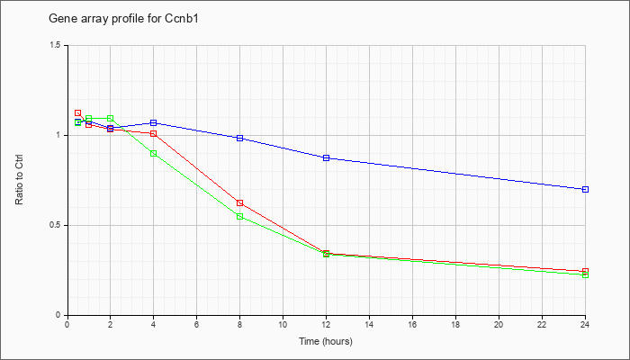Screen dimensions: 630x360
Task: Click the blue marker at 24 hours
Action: (x=585, y=189)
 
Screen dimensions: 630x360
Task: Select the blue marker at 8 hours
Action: (x=240, y=139)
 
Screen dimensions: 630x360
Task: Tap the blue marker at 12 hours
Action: (x=326, y=157)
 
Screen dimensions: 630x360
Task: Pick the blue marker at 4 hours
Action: (x=154, y=122)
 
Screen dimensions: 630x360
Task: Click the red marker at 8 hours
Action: (x=240, y=202)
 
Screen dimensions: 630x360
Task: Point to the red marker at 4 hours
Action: (x=154, y=133)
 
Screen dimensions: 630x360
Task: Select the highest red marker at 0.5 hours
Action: (x=78, y=112)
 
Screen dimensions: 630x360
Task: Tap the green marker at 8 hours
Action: (x=240, y=217)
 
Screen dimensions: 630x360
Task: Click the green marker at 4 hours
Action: (x=154, y=154)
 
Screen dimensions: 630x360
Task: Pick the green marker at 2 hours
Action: (x=110, y=118)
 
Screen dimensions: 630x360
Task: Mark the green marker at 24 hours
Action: (x=585, y=275)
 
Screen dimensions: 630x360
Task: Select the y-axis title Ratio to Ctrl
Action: (x=19, y=180)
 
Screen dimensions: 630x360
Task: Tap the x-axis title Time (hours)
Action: (x=326, y=341)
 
